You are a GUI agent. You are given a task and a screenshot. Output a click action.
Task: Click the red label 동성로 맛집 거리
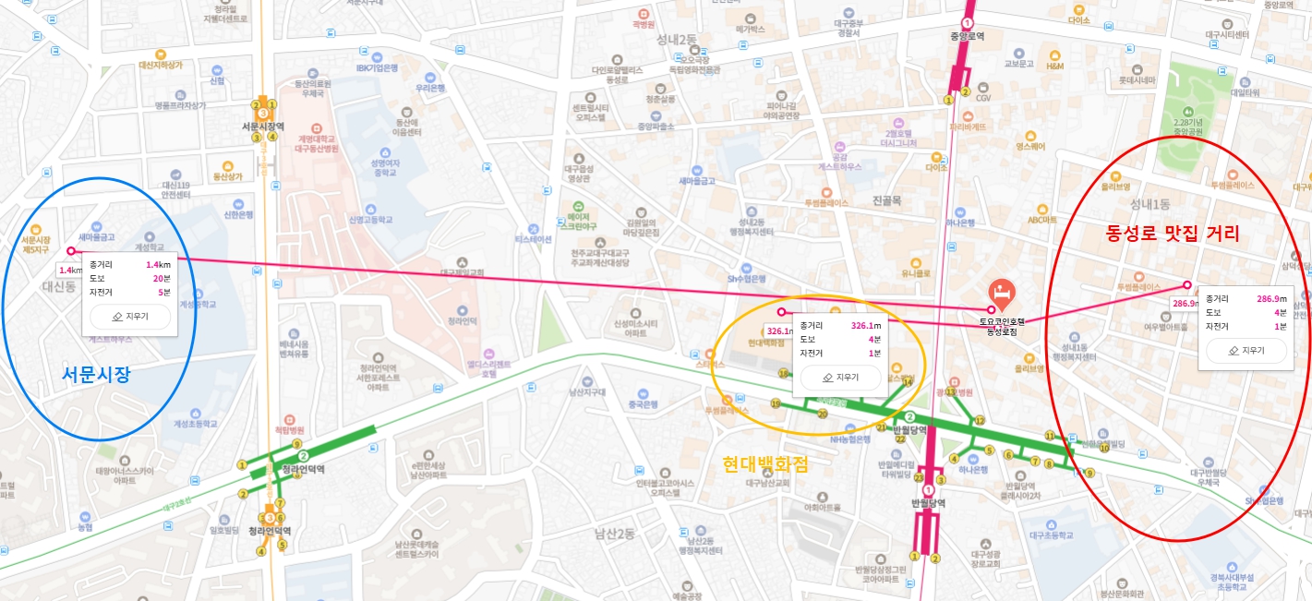[x=1172, y=234]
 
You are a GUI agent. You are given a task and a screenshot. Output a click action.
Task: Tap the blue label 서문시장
[x=96, y=375]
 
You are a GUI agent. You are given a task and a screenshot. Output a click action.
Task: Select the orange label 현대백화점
[x=764, y=464]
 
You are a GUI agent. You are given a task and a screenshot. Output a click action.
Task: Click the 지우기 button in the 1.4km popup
[x=130, y=316]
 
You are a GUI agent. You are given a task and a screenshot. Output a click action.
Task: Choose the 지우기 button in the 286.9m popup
[x=1246, y=351]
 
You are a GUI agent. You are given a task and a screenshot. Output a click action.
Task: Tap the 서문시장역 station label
[x=262, y=127]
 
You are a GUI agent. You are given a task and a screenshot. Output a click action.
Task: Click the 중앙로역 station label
[x=967, y=37]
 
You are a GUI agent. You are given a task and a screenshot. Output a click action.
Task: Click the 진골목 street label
[x=886, y=200]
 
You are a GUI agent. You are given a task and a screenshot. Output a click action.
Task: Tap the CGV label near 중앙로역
[x=983, y=98]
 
